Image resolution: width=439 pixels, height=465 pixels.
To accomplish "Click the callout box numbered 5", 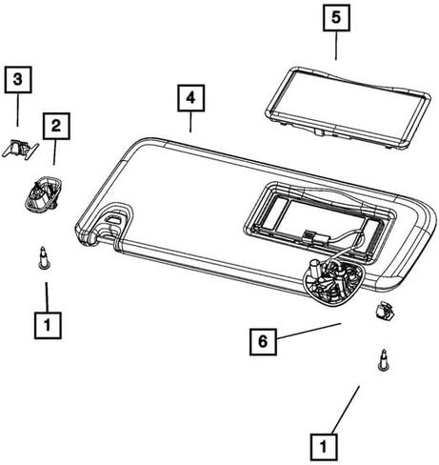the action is tap(336, 18).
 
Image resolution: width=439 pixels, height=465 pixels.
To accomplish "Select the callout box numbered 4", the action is tap(190, 98).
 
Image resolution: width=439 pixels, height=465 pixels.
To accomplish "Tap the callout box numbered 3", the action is tap(18, 79).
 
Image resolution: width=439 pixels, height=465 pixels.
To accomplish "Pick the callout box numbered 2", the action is tap(56, 126).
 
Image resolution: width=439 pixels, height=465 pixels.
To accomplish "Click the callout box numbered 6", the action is tap(263, 341).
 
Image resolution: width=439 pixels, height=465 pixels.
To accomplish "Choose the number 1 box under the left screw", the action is tap(48, 325).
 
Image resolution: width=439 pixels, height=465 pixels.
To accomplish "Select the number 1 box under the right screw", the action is tap(324, 447).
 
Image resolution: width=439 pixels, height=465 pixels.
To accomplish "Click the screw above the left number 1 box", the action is tap(44, 258).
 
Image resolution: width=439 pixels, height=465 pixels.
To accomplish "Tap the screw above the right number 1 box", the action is tap(384, 359).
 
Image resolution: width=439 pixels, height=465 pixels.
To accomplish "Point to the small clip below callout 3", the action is tap(20, 149).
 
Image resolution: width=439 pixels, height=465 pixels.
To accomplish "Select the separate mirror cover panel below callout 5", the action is tap(349, 107).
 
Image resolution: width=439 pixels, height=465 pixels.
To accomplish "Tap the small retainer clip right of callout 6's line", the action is tap(384, 311).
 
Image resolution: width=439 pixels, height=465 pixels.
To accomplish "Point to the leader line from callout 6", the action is tap(309, 331).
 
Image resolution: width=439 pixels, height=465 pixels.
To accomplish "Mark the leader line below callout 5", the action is tap(336, 46).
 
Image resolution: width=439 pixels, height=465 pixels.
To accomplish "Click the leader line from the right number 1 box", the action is tap(346, 410).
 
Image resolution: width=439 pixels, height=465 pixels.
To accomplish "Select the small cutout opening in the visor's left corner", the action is tap(112, 218).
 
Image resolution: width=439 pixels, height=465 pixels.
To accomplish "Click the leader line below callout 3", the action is tap(17, 110).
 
